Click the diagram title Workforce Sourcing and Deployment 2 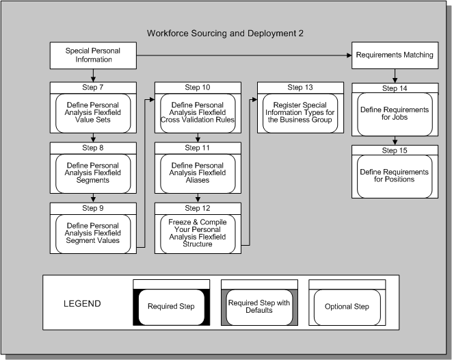[x=226, y=33]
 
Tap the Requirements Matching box [x=395, y=55]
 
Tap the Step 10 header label [x=198, y=88]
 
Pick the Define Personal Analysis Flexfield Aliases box [x=198, y=170]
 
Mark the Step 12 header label [x=198, y=207]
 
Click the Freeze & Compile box [x=198, y=230]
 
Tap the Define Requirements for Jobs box [x=395, y=114]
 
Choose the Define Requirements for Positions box [x=395, y=175]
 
